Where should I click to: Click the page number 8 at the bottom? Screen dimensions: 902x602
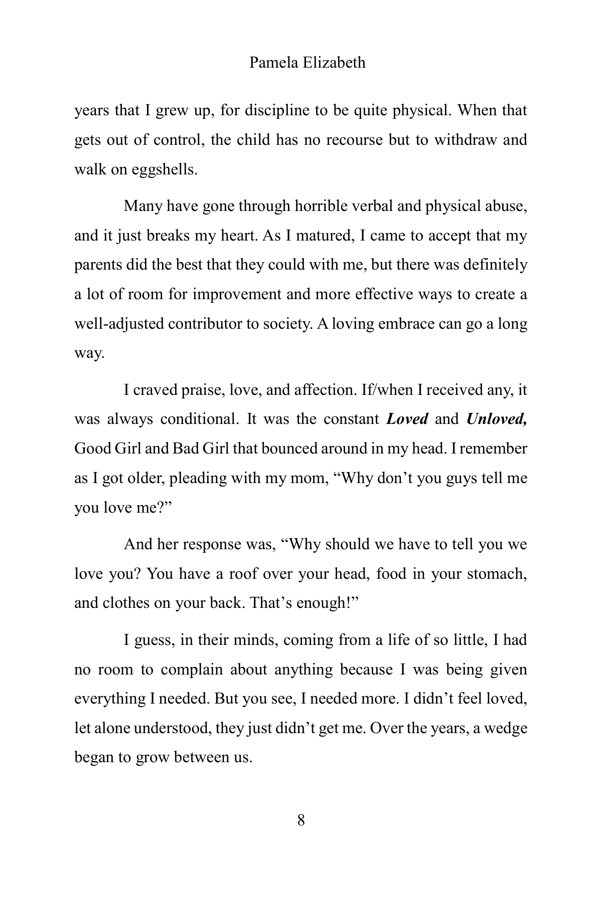click(x=301, y=820)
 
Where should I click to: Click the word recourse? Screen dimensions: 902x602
click(x=355, y=140)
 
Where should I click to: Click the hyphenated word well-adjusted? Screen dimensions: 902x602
click(x=119, y=324)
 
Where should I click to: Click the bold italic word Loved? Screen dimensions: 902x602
click(x=407, y=419)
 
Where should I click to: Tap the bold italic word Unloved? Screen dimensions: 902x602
click(x=497, y=419)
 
